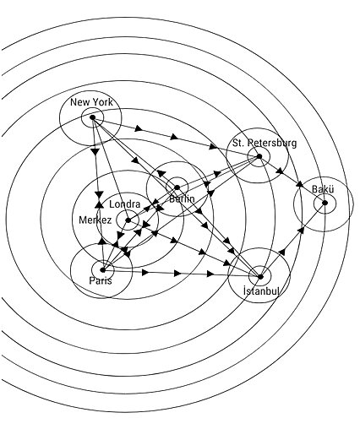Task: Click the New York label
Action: (x=91, y=102)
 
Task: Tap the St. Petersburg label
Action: (x=265, y=143)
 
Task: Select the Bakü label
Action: (x=323, y=189)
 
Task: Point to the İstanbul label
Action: (x=262, y=291)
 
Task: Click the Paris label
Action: (x=101, y=280)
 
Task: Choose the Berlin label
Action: (x=182, y=198)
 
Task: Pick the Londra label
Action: (x=124, y=204)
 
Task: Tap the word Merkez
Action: (x=95, y=220)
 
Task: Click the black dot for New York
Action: (x=92, y=117)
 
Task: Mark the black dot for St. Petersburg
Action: (x=259, y=156)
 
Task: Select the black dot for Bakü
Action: (x=325, y=203)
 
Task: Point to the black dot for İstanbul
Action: (x=260, y=277)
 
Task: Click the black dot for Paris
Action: (x=103, y=270)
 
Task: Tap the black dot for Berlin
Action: (x=177, y=187)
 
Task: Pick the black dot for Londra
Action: (x=128, y=220)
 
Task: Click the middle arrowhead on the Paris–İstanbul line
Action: (x=177, y=273)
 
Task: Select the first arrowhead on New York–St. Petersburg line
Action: (x=139, y=128)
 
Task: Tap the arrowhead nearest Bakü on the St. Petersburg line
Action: (x=300, y=184)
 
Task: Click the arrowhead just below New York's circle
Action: (x=95, y=151)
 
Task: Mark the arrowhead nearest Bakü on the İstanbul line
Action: (x=302, y=231)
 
